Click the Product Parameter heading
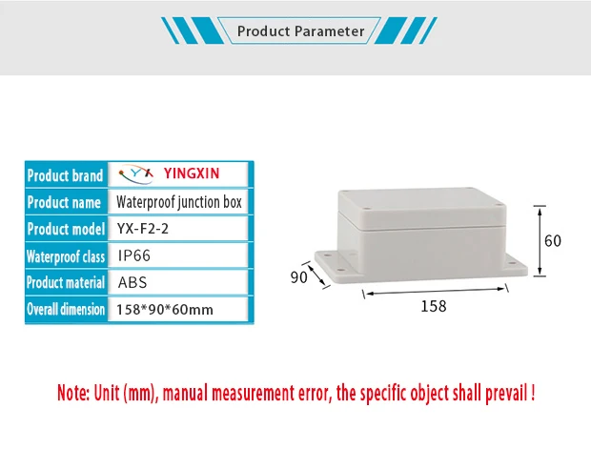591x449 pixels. pyautogui.click(x=300, y=31)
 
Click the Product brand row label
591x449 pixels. pyautogui.click(x=65, y=175)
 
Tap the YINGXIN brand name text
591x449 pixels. pyautogui.click(x=192, y=174)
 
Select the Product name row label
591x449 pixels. pyautogui.click(x=64, y=202)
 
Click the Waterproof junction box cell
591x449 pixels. pyautogui.click(x=179, y=202)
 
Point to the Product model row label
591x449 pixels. pyautogui.click(x=65, y=229)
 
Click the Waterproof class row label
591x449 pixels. pyautogui.click(x=65, y=256)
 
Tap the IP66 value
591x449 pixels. pyautogui.click(x=134, y=255)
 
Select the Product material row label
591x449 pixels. pyautogui.click(x=65, y=283)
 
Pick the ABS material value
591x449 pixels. pyautogui.click(x=132, y=283)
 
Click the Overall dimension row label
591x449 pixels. pyautogui.click(x=65, y=310)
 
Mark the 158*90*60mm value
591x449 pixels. pyautogui.click(x=165, y=310)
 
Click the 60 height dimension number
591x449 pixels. pyautogui.click(x=553, y=241)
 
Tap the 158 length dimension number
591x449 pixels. pyautogui.click(x=433, y=306)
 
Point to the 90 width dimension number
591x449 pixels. pyautogui.click(x=299, y=277)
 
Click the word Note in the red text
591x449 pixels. pyautogui.click(x=72, y=392)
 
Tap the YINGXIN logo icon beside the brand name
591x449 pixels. pyautogui.click(x=140, y=174)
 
